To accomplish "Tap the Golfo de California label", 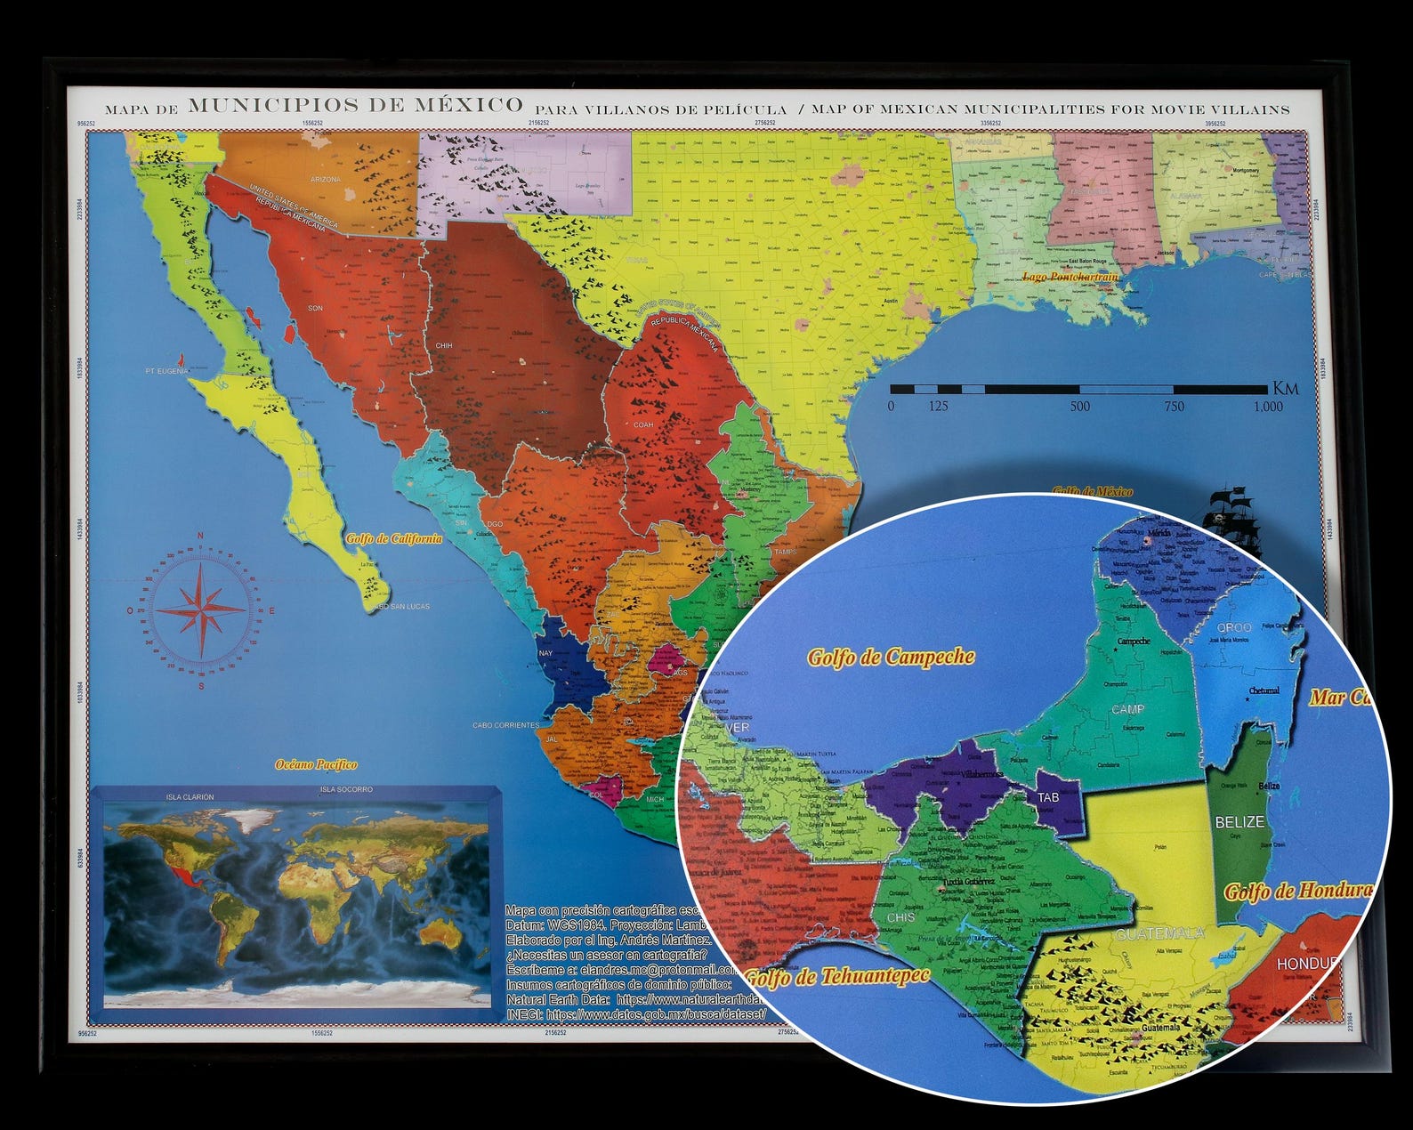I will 393,538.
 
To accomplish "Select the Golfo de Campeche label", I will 891,658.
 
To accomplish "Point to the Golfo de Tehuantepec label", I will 836,977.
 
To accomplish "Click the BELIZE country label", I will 1239,821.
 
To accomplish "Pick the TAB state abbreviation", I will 1048,797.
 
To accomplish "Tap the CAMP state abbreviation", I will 1127,709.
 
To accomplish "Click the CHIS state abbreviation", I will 901,916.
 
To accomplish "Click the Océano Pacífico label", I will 316,764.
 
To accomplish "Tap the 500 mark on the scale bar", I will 1080,407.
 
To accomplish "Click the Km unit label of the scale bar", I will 1286,388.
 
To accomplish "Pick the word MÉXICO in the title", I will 468,105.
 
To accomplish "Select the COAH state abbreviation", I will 642,424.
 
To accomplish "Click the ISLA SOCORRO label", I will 346,789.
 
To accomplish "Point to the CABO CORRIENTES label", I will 505,724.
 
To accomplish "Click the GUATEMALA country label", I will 1159,933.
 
